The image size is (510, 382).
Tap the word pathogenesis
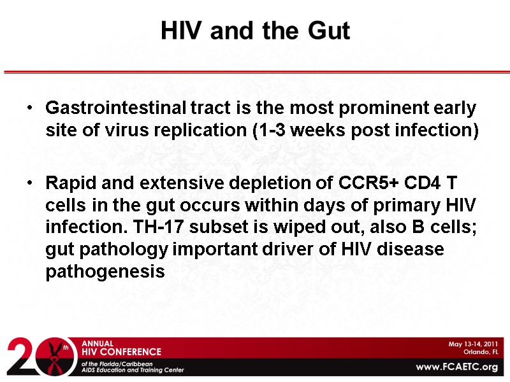[x=105, y=272]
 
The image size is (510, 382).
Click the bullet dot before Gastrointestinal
[x=31, y=110]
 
